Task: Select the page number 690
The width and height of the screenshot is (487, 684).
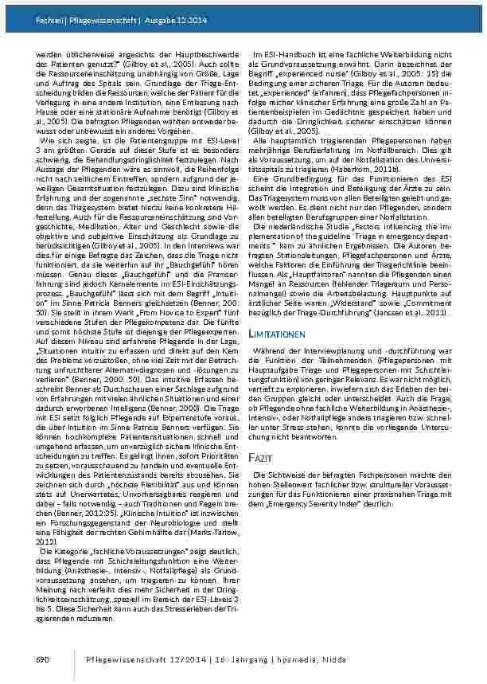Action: point(44,659)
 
